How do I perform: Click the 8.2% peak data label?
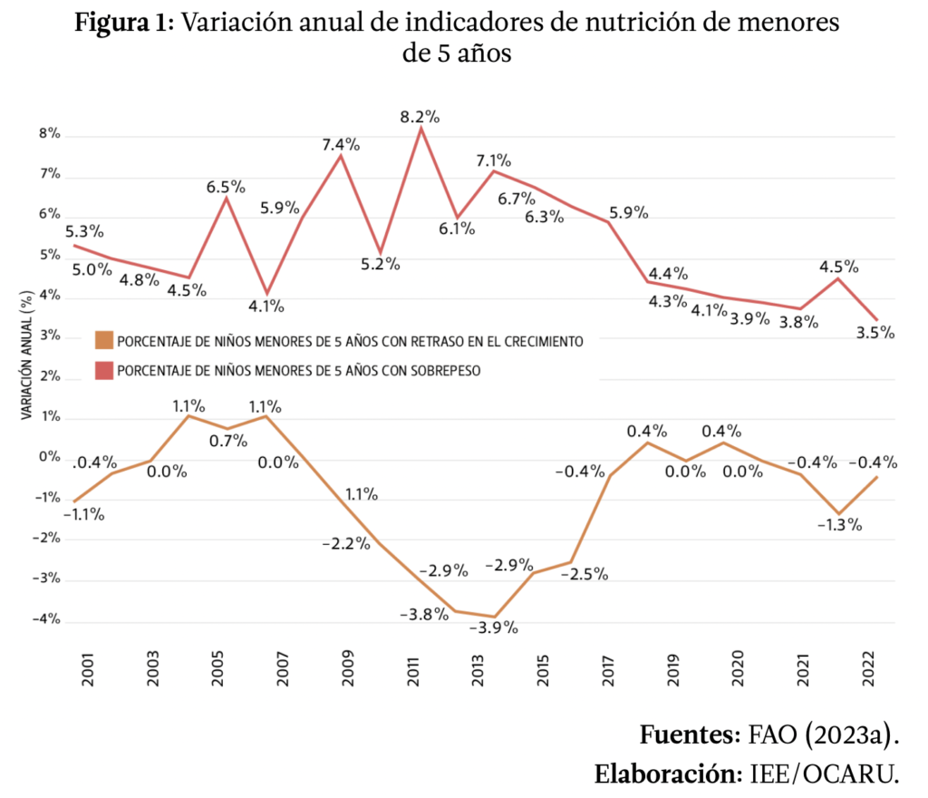pyautogui.click(x=420, y=117)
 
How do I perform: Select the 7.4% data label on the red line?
pyautogui.click(x=341, y=144)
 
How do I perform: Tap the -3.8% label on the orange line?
pyautogui.click(x=424, y=614)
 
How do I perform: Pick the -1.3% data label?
pyautogui.click(x=838, y=524)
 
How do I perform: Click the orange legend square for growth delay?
pyautogui.click(x=103, y=341)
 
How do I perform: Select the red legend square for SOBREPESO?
pyautogui.click(x=103, y=370)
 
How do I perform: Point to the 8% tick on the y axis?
pyautogui.click(x=48, y=134)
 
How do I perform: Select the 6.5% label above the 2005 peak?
pyautogui.click(x=226, y=187)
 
